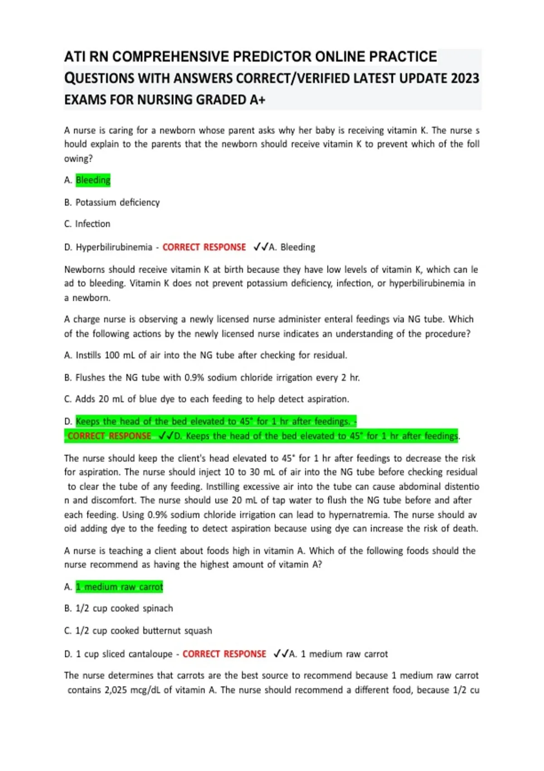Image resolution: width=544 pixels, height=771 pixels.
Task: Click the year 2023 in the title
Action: (465, 78)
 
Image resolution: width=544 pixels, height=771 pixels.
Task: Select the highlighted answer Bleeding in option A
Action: (93, 180)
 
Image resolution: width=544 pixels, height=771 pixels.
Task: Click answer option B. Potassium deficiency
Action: (112, 202)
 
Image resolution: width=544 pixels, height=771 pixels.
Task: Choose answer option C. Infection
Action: (87, 224)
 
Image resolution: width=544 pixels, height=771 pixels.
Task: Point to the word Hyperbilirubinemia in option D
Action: (114, 247)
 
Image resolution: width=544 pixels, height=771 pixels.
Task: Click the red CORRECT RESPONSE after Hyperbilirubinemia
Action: (204, 247)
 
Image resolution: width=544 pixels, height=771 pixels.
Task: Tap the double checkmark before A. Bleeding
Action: (261, 247)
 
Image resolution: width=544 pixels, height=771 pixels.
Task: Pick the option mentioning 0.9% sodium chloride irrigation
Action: (212, 377)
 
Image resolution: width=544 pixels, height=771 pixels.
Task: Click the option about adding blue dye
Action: (206, 399)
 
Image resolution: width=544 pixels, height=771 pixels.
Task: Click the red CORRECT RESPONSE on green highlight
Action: (109, 436)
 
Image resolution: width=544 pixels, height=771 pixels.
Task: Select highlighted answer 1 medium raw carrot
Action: (119, 587)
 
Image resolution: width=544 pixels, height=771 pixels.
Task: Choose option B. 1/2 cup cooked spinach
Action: (118, 608)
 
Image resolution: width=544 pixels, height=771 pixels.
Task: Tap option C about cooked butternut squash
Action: (138, 630)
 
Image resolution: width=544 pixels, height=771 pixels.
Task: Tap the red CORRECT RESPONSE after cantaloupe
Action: (224, 654)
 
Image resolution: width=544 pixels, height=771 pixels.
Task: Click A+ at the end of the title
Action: (257, 100)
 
